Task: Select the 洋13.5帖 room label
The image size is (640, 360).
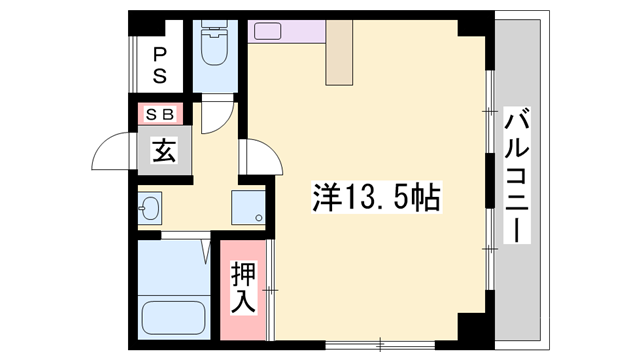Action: tap(374, 197)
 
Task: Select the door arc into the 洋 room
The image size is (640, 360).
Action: tap(256, 157)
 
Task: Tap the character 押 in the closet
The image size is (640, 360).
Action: tap(244, 272)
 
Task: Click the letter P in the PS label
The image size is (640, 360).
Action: tap(159, 54)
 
